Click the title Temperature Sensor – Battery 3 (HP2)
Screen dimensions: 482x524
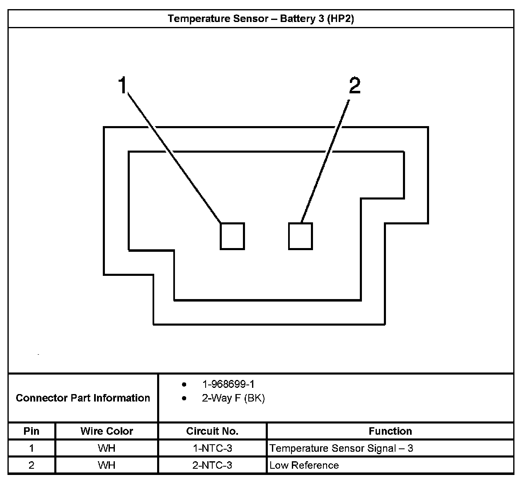261,19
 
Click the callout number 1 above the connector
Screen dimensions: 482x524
122,85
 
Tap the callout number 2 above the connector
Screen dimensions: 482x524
355,85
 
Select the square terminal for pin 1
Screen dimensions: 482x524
232,236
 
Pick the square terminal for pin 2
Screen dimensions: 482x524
300,236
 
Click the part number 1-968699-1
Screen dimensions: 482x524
228,384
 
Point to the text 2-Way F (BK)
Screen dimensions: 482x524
233,398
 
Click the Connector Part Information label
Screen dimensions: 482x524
83,398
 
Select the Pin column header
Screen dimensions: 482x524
32,431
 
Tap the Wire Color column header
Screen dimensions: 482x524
107,431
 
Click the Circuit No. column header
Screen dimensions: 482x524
212,431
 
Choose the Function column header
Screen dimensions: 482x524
390,431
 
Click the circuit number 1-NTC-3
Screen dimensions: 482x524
212,448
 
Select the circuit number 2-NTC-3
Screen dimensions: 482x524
212,465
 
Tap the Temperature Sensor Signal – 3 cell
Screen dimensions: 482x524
341,448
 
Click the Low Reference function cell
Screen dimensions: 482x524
304,465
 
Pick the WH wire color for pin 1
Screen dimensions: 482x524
107,448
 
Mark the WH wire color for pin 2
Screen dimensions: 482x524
107,465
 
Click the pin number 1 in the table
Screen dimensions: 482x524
32,448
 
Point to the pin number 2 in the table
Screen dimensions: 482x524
32,465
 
